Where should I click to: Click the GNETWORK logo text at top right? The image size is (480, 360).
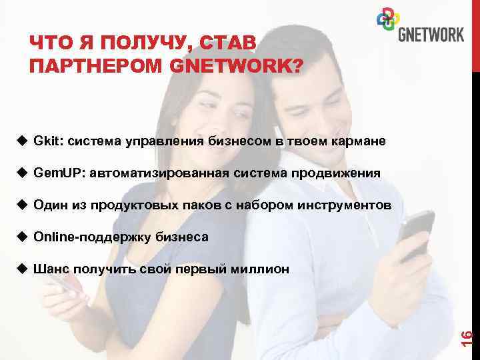(x=431, y=34)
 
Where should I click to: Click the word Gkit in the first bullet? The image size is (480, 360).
(x=48, y=141)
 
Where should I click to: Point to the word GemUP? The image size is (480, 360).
(x=57, y=173)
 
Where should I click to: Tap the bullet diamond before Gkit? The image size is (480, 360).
(x=21, y=141)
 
